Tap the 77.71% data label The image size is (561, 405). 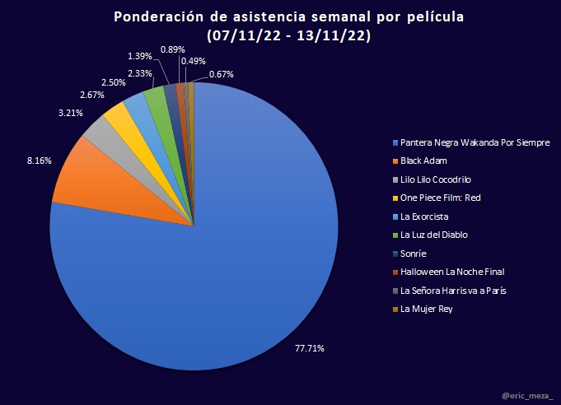click(x=310, y=348)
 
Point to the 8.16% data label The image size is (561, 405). click(x=40, y=161)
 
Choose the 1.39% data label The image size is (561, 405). click(x=140, y=55)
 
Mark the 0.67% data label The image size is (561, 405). click(x=221, y=74)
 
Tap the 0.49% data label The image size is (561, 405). click(x=194, y=61)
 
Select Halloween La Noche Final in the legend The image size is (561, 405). click(x=451, y=272)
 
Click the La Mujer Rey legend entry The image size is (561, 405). click(x=427, y=309)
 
